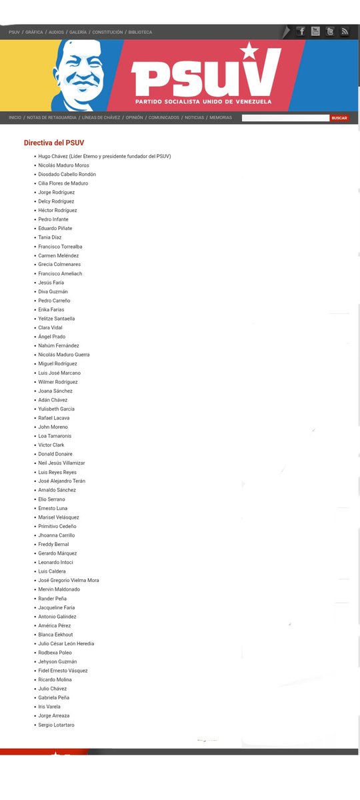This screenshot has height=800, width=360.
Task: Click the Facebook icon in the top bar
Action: click(301, 31)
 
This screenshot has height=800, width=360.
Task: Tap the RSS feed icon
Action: click(345, 31)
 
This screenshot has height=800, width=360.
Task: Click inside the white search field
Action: click(285, 118)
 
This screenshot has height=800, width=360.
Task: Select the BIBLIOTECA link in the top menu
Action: click(140, 32)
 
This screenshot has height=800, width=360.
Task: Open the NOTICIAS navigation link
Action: click(195, 118)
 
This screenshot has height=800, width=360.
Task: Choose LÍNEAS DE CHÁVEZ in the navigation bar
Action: click(101, 118)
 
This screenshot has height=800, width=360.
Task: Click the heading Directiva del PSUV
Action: click(54, 143)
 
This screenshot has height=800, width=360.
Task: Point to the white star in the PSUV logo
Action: click(249, 50)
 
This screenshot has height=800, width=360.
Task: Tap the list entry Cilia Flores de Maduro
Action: click(63, 183)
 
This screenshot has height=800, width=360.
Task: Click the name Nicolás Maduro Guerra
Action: click(64, 355)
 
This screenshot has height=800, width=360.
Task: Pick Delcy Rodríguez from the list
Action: click(56, 201)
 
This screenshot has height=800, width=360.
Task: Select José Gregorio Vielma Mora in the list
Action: click(69, 581)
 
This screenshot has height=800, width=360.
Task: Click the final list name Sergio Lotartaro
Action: click(56, 725)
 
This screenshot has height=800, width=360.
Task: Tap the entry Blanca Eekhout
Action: click(55, 635)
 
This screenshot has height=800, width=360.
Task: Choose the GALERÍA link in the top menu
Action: click(78, 32)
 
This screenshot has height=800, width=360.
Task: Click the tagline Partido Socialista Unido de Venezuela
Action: click(203, 101)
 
